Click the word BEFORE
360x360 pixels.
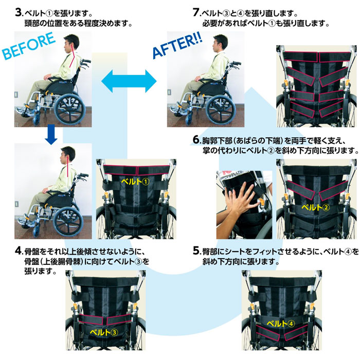(29, 46)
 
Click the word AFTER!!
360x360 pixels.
(177, 46)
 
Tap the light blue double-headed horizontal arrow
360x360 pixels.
(129, 81)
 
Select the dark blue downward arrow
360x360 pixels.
(51, 135)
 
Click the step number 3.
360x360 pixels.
(19, 12)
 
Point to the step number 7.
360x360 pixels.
(196, 12)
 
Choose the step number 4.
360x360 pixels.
(19, 251)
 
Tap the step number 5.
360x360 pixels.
(196, 251)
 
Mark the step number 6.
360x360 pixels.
(196, 139)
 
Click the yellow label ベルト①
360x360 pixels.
(135, 182)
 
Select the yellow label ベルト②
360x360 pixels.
(315, 207)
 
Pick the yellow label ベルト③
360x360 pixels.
(104, 332)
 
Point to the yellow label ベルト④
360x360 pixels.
(281, 323)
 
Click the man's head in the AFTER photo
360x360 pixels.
(220, 43)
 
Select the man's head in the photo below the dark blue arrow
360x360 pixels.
(67, 155)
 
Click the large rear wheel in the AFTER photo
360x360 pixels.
(221, 110)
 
